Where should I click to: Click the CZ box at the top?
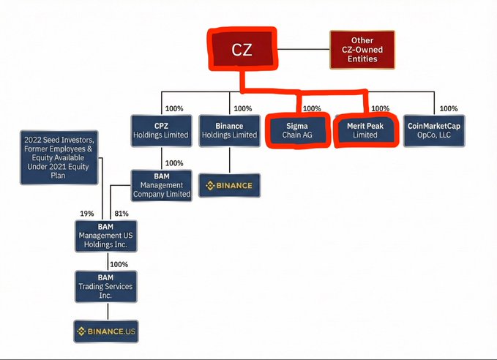[241, 50]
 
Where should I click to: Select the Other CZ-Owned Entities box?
[362, 50]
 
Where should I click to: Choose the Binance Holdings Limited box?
[230, 130]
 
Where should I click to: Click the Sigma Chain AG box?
[296, 130]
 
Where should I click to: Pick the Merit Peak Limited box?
[365, 130]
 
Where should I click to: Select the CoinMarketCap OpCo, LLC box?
[434, 130]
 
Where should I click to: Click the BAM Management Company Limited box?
[162, 185]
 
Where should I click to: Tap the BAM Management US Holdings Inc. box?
[107, 236]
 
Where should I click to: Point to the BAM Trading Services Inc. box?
[107, 286]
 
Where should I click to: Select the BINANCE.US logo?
[107, 331]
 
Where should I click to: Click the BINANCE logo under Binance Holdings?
[230, 185]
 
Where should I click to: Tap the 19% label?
[87, 213]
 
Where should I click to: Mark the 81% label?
[122, 213]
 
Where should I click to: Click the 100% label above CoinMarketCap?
[449, 109]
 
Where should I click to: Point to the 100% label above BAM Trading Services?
[119, 263]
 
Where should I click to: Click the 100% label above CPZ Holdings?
[174, 109]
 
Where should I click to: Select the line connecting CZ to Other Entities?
[304, 50]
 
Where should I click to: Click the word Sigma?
[296, 126]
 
